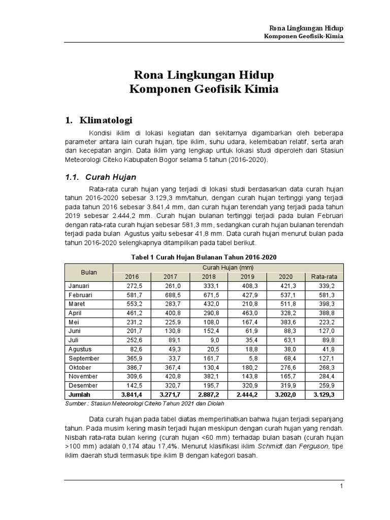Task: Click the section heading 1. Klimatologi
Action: pos(99,120)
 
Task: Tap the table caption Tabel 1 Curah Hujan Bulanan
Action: pos(204,257)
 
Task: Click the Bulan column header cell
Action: pos(89,272)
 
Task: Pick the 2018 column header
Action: pos(208,277)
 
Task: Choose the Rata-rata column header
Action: pos(323,277)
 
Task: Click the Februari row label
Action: pos(80,295)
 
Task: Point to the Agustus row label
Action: pos(80,349)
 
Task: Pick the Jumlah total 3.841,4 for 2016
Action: pos(132,394)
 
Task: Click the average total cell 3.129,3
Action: pos(326,394)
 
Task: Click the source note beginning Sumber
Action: pos(144,403)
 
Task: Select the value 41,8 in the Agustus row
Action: pos(330,349)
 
